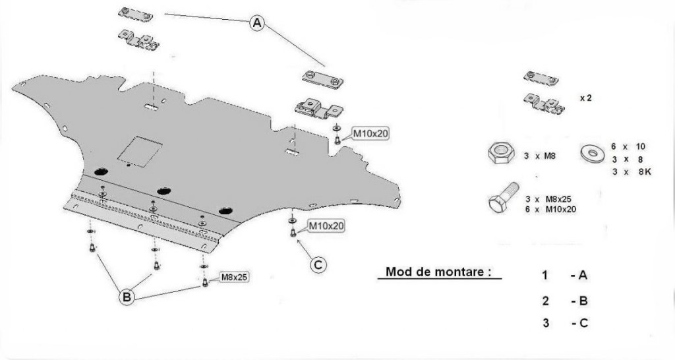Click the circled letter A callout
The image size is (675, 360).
click(257, 22)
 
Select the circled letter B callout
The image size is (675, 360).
click(127, 297)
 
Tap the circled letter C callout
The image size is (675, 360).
click(318, 264)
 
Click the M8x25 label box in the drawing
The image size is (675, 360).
click(234, 278)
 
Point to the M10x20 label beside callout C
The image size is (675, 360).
click(326, 225)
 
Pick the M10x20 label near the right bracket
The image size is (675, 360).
click(370, 134)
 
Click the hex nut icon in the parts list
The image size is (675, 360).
click(501, 153)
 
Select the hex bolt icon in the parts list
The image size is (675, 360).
click(504, 198)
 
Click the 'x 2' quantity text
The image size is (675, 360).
click(585, 98)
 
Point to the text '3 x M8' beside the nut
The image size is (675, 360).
click(540, 156)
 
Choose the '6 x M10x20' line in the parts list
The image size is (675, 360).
click(550, 209)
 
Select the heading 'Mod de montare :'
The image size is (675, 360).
click(438, 272)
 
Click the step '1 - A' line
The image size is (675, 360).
click(564, 275)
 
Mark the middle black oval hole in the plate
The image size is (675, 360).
click(163, 191)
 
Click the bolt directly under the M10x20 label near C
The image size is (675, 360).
click(293, 233)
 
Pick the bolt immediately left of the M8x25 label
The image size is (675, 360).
click(205, 282)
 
